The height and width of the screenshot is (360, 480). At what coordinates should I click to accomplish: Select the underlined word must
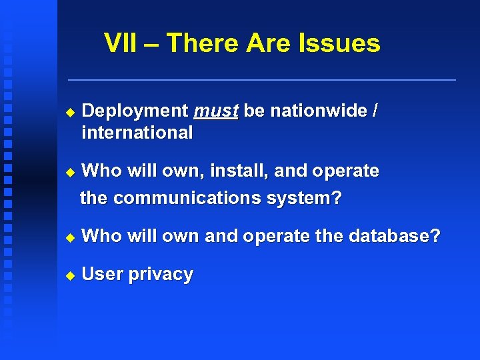point(215,111)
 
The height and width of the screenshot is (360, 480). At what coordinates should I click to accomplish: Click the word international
point(137,133)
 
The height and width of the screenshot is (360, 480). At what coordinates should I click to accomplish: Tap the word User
point(102,274)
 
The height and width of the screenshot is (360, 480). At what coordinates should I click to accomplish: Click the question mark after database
point(435,235)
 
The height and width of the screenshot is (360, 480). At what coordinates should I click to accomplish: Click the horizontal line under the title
point(262,80)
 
